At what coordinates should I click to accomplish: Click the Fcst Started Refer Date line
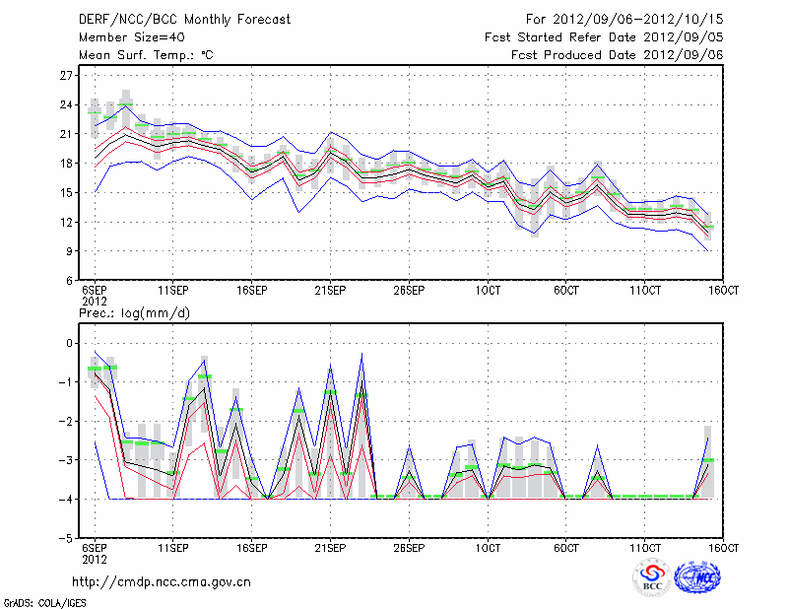[x=604, y=36]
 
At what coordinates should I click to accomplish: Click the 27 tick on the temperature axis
[x=67, y=76]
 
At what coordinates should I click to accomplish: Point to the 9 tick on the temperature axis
[x=70, y=251]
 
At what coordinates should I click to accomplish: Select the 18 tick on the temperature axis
[x=67, y=164]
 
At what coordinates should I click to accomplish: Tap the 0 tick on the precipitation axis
[x=70, y=343]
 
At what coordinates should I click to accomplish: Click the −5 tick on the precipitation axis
[x=67, y=539]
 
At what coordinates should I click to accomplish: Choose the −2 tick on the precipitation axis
[x=67, y=421]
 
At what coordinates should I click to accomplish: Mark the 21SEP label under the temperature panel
[x=329, y=291]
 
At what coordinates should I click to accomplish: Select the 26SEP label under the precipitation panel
[x=408, y=549]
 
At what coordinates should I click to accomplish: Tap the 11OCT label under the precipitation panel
[x=644, y=549]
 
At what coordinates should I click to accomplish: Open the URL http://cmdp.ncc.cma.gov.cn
[x=162, y=581]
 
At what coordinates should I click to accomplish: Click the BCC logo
[x=652, y=577]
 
